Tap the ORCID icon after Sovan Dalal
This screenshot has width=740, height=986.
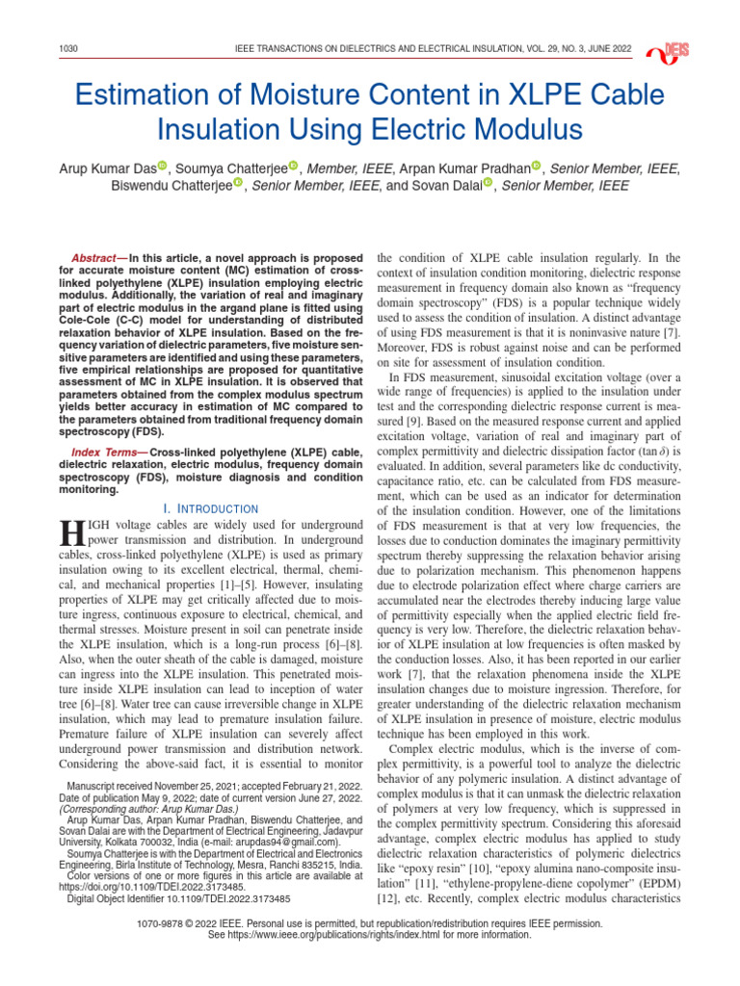[488, 185]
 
